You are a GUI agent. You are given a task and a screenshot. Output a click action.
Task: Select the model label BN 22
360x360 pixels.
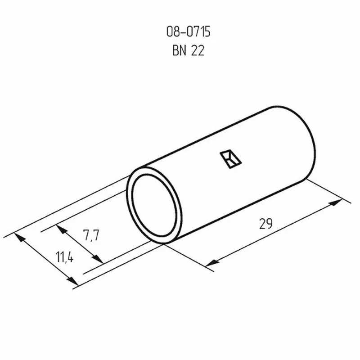(x=188, y=51)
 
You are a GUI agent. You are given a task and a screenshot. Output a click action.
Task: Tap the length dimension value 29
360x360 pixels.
(x=266, y=224)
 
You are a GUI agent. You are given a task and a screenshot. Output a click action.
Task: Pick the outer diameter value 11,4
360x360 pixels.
(x=65, y=258)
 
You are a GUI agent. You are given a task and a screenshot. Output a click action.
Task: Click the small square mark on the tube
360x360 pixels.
(x=230, y=159)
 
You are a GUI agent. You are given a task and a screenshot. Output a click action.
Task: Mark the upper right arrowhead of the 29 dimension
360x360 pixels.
(x=335, y=203)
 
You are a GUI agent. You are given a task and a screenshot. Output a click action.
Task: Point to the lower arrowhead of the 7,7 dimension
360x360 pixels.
(x=98, y=260)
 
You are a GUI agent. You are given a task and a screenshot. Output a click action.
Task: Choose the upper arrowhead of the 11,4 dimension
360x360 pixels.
(x=20, y=237)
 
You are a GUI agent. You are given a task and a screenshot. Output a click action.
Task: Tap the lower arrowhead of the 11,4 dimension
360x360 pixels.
(x=73, y=281)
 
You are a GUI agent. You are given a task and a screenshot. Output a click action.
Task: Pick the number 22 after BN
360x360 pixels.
(x=198, y=51)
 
